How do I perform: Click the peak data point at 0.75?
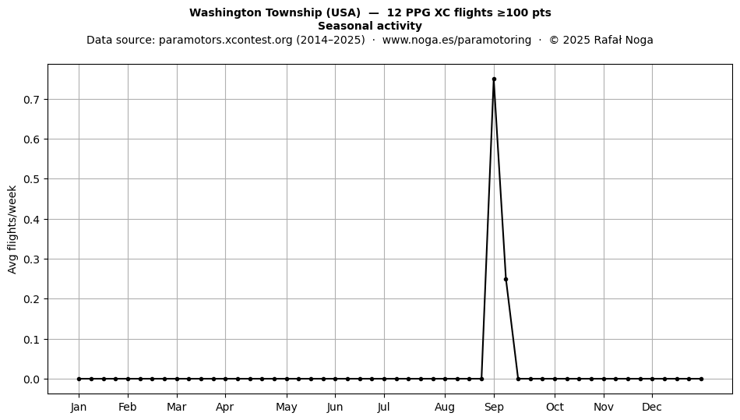click(494, 79)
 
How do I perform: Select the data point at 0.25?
click(506, 280)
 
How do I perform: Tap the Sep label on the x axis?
click(494, 407)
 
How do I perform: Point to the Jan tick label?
click(79, 407)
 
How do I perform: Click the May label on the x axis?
click(287, 407)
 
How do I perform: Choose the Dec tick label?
click(652, 407)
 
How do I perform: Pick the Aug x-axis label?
click(445, 407)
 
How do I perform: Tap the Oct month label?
click(555, 407)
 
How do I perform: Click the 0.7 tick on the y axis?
click(32, 100)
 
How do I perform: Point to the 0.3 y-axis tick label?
click(32, 259)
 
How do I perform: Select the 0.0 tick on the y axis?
click(32, 379)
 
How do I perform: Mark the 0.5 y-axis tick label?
click(32, 179)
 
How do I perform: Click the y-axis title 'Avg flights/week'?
click(12, 229)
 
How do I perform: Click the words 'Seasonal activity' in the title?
click(370, 26)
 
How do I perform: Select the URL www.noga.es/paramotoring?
click(456, 40)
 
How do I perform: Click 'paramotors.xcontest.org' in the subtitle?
click(226, 40)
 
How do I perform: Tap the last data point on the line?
click(701, 379)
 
